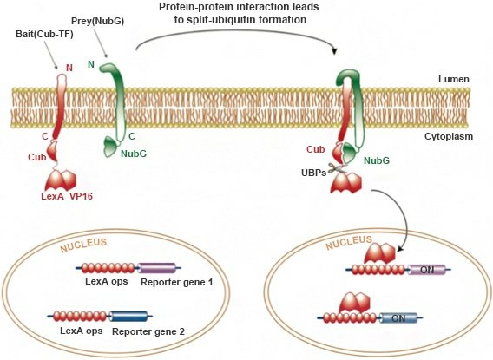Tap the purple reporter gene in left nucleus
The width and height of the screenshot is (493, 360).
point(157,268)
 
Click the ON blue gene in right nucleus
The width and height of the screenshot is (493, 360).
point(398,318)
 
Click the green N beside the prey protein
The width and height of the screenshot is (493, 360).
point(91,64)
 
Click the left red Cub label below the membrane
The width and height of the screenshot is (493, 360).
point(36,157)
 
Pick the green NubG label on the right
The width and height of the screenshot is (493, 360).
point(376,160)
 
